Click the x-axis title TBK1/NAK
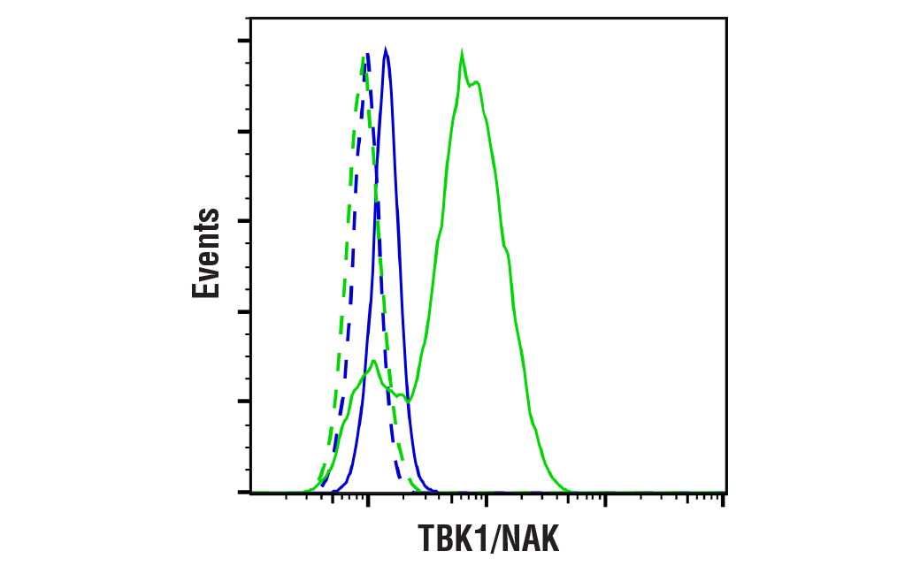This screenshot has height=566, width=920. coord(488,538)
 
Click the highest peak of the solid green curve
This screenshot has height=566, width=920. coord(462,55)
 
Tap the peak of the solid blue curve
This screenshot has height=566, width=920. coord(386,50)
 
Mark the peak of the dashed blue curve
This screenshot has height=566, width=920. coord(368,55)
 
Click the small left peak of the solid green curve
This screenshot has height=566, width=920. coord(374,361)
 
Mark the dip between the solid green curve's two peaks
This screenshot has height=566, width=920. coord(408,401)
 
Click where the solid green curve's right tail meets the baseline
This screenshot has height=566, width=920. coord(571,491)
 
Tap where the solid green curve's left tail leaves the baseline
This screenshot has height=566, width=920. coord(303,491)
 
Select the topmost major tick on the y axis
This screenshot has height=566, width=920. coord(244,41)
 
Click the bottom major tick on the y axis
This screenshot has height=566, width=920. coord(244,492)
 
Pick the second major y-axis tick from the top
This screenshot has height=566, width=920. coord(244,131)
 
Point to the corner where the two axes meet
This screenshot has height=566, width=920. coord(251,492)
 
